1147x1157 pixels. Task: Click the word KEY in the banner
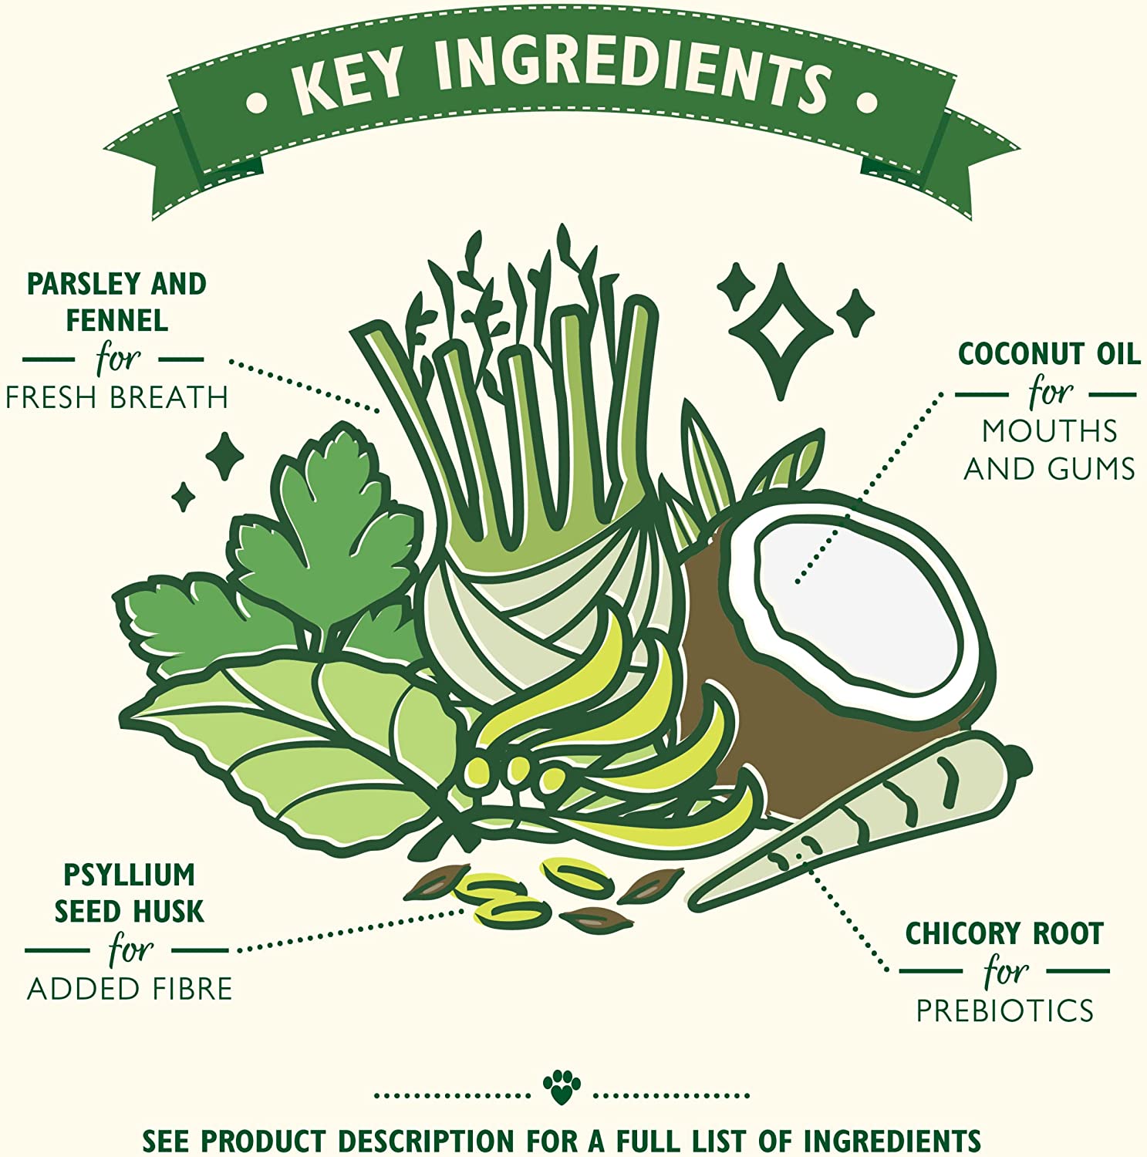pos(348,86)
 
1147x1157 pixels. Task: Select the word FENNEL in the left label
pos(116,320)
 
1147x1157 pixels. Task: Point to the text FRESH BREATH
pos(116,397)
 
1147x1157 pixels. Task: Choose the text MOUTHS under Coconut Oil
pos(1050,431)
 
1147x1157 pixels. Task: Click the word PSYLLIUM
pos(129,875)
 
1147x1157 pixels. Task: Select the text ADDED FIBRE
pos(130,989)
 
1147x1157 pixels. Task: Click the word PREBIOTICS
pos(1005,1010)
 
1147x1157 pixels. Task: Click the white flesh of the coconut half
pos(856,602)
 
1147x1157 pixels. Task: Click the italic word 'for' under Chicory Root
pos(1006,970)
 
